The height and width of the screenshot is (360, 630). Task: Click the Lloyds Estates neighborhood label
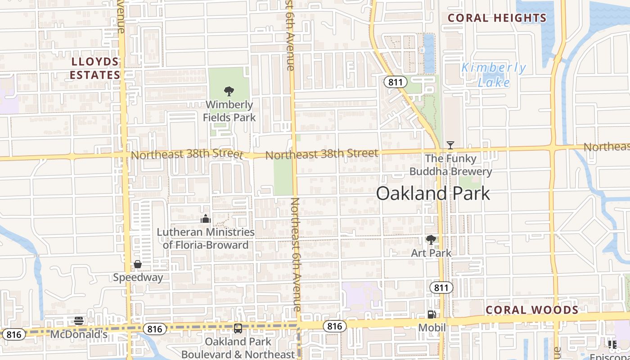pos(94,68)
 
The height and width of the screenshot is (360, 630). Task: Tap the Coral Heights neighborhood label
pos(497,18)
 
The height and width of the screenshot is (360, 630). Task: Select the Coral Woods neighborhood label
pos(532,310)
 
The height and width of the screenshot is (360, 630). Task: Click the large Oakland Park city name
pos(433,193)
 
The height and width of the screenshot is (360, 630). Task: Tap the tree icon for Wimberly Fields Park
pos(229,91)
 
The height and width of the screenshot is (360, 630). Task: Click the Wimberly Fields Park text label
pos(229,111)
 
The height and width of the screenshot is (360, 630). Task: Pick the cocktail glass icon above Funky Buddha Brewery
pos(450,145)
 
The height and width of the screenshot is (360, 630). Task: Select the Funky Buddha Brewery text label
pos(450,165)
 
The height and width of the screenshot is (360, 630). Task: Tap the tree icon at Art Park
pos(431,240)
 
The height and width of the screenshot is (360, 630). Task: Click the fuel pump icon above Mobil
pos(432,315)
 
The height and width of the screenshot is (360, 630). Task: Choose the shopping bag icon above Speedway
pos(138,264)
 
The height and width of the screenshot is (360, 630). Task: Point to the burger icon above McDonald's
pos(79,321)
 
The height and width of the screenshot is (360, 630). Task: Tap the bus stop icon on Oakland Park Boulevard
pos(238,328)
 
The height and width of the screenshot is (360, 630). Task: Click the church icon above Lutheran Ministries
pos(206,219)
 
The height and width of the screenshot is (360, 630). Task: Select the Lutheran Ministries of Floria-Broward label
pos(206,238)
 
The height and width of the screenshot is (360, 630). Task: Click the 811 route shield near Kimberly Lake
pos(396,82)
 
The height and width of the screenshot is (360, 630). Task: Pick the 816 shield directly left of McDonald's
pos(13,334)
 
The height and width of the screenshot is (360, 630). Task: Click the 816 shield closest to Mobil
pos(334,326)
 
